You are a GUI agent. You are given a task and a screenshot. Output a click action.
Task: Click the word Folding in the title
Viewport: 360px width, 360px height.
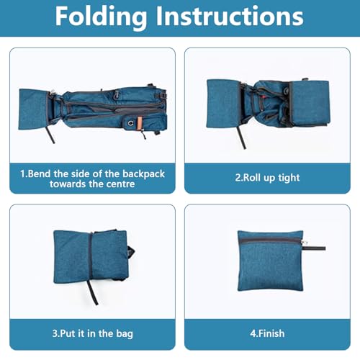click(101, 17)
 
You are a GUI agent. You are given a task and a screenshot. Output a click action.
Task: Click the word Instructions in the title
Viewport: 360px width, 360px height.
click(230, 16)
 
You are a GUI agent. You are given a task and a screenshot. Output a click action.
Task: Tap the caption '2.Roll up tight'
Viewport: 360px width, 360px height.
click(267, 178)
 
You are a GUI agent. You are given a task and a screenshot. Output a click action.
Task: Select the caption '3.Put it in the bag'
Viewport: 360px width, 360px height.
click(92, 334)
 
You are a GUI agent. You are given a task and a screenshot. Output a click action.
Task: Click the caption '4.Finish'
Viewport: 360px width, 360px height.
click(267, 333)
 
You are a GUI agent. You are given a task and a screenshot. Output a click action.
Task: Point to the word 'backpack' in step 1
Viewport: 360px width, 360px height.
click(143, 174)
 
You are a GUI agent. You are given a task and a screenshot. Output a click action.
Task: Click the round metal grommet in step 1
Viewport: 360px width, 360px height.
click(130, 123)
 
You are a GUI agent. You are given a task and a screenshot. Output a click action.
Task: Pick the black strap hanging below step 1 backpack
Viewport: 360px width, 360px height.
click(50, 135)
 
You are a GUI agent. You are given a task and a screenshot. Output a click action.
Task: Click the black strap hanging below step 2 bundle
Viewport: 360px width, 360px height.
click(241, 138)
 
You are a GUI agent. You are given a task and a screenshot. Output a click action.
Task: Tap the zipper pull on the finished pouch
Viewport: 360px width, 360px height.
click(315, 248)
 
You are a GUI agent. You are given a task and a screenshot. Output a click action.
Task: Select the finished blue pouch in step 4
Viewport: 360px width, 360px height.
click(271, 261)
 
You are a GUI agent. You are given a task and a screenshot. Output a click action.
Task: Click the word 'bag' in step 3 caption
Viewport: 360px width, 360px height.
click(125, 334)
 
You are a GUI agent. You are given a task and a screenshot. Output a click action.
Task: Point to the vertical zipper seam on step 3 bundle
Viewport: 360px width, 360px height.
click(91, 257)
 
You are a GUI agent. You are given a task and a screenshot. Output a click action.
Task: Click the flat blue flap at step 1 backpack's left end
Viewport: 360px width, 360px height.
click(33, 109)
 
